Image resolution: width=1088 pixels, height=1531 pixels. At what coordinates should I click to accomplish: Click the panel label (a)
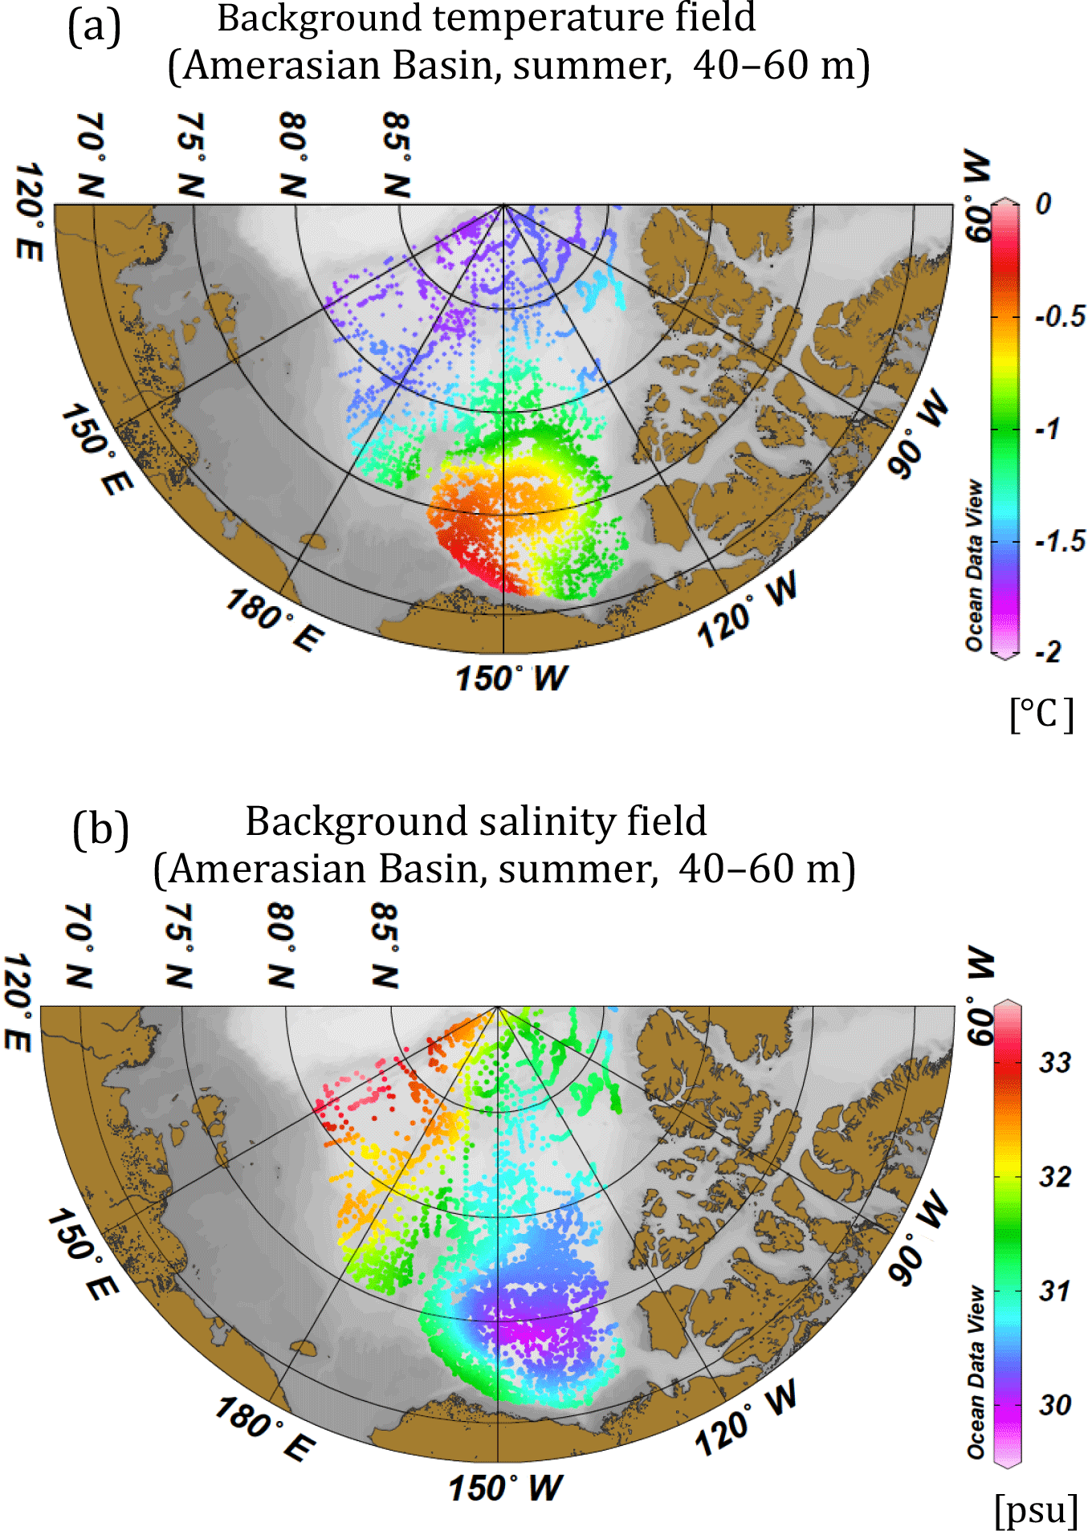95,26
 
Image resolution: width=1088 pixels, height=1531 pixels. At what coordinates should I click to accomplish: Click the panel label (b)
100,829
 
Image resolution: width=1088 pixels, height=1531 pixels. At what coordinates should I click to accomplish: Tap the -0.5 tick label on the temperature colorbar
1060,316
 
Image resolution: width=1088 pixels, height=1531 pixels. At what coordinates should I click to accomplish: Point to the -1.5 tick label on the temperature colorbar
1060,541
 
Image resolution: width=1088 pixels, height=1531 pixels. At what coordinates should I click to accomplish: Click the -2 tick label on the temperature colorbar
1048,651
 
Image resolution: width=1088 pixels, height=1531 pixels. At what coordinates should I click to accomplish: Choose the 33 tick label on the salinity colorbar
1054,1063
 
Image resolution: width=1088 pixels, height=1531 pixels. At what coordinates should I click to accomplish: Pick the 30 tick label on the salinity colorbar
1054,1405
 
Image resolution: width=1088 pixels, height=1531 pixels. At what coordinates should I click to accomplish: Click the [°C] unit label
1041,713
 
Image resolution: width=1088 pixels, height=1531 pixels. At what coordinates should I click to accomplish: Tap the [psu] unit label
1036,1509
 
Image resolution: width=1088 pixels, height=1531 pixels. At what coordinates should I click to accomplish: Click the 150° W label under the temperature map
511,678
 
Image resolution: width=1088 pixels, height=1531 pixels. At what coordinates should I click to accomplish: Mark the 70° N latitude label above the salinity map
79,945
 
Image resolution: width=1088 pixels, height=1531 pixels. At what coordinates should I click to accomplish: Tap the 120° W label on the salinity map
746,1418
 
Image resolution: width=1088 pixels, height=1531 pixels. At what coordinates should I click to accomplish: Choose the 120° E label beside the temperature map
30,210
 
